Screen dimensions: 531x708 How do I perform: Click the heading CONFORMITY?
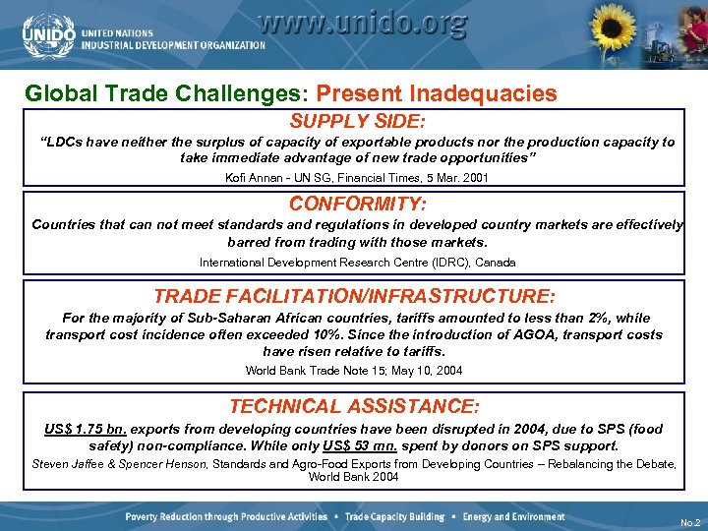point(357,205)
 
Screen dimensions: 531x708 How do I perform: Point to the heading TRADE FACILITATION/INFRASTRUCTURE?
point(355,296)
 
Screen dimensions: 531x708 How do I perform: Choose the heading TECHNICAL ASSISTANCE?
point(355,406)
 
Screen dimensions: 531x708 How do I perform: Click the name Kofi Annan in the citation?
point(253,177)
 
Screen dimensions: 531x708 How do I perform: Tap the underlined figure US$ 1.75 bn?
point(86,430)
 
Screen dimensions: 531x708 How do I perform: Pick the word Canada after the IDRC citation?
point(495,263)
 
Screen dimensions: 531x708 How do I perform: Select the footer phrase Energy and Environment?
point(514,517)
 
